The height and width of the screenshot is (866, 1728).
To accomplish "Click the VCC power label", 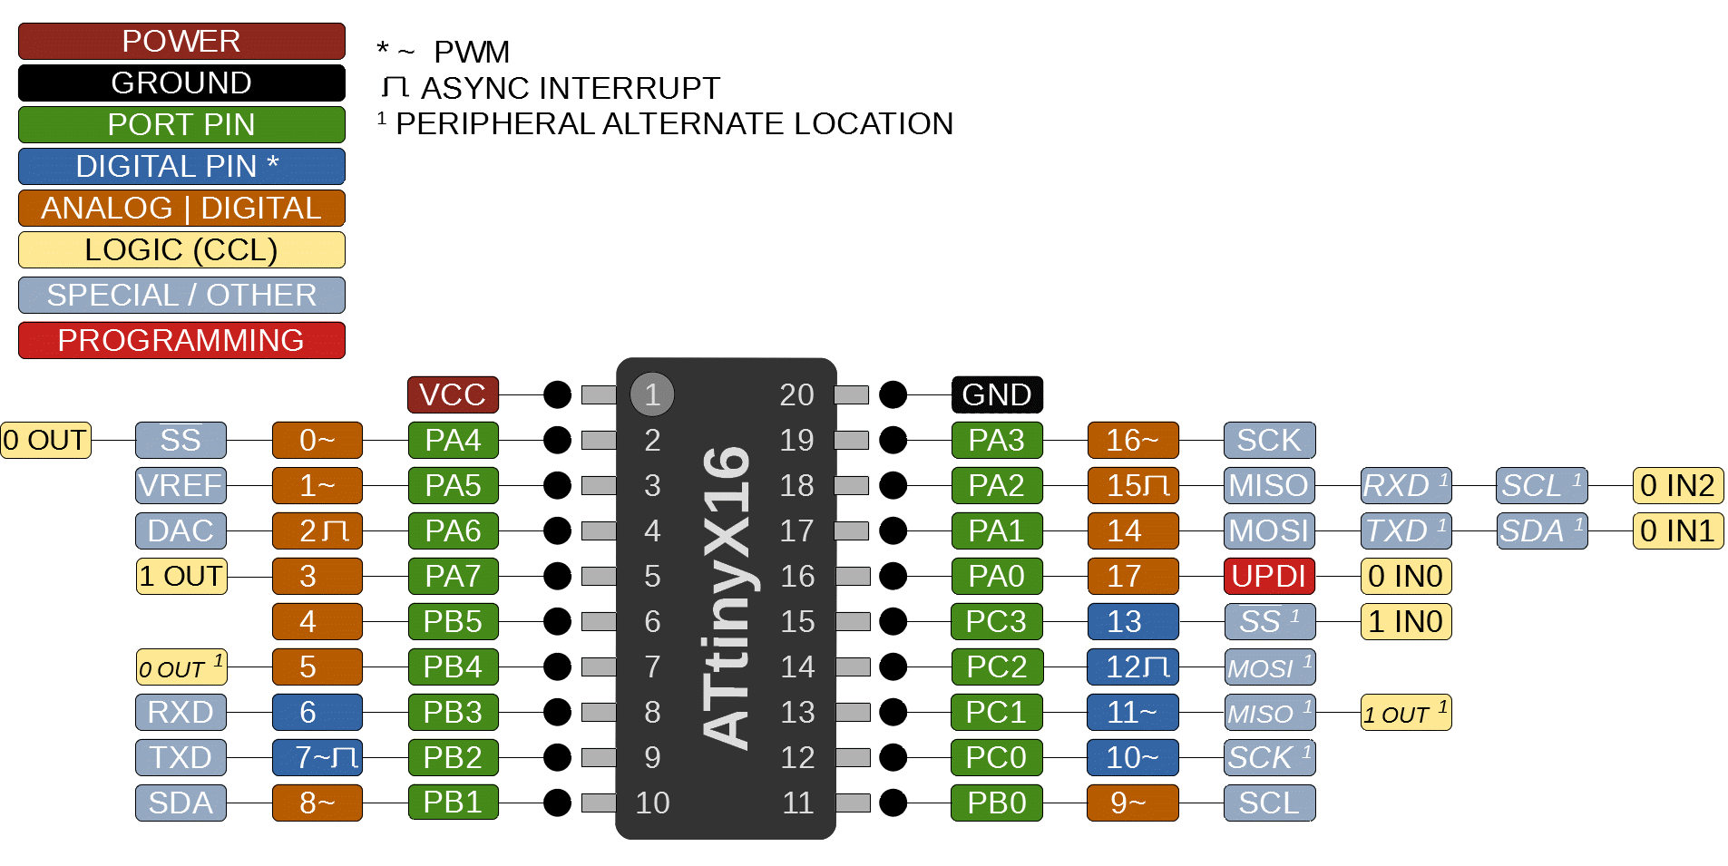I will [453, 394].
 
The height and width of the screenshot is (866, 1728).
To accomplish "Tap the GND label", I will [997, 394].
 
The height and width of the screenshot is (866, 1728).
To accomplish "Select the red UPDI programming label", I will [1269, 576].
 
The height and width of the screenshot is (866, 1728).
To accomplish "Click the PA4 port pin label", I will [453, 440].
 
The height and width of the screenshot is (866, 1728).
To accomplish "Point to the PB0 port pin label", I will [997, 803].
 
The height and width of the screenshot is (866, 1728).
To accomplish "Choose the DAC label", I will [181, 530].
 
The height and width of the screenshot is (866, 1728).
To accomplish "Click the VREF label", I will [181, 485].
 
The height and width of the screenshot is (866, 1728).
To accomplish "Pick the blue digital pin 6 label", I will [317, 712].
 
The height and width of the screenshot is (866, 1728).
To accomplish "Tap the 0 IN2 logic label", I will [1677, 485].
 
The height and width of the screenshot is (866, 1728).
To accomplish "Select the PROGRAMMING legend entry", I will [181, 340].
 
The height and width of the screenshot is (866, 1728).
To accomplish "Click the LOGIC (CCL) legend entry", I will [181, 249].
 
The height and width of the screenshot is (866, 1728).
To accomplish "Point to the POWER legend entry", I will [181, 41].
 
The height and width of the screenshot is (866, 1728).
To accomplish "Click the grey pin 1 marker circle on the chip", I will [652, 394].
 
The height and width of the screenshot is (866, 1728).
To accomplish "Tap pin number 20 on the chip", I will [796, 394].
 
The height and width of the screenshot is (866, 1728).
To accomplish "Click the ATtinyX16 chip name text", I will [727, 598].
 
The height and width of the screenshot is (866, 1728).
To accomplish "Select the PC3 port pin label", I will [997, 621].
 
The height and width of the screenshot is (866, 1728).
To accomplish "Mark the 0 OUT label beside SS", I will [45, 440].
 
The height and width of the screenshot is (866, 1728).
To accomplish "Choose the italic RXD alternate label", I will [1405, 485].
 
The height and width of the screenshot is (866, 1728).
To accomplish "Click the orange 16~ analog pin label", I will [1133, 440].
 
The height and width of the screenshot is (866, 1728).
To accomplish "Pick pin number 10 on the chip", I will [652, 803].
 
